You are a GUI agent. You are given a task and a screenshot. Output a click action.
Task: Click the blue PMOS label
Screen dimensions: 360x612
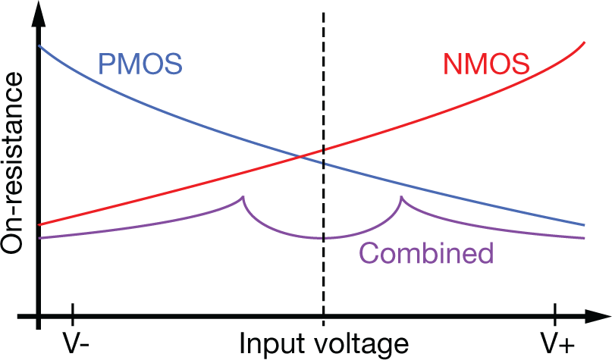click(140, 63)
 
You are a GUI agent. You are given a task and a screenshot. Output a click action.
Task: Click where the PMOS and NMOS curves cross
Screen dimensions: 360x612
click(301, 157)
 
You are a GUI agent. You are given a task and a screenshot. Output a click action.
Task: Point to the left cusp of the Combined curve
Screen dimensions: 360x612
click(243, 198)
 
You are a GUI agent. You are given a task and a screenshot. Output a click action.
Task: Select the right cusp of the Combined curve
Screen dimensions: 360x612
click(401, 198)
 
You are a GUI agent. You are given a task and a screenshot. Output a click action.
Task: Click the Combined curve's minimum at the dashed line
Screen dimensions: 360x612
click(324, 238)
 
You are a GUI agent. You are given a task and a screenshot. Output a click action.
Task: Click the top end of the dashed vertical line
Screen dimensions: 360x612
click(324, 14)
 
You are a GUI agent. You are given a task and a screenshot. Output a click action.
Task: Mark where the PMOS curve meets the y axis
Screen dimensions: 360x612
click(39, 46)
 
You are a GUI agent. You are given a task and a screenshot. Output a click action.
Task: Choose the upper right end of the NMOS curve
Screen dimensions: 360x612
click(584, 42)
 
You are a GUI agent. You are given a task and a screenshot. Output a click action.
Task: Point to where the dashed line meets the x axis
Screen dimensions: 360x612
click(324, 316)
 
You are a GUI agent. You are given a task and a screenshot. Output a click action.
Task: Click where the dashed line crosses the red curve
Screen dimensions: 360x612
click(324, 149)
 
